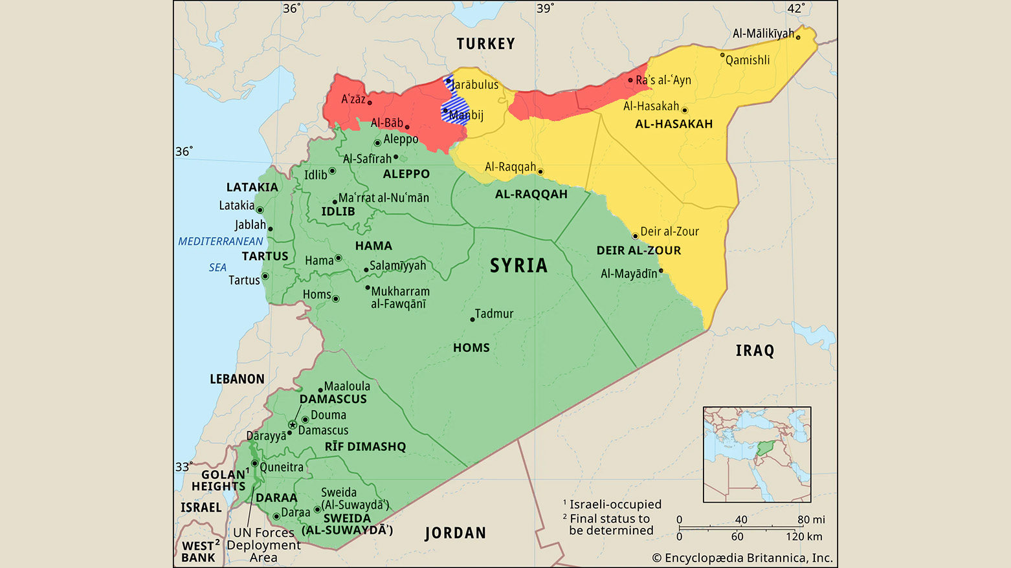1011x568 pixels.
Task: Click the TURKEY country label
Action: point(485,44)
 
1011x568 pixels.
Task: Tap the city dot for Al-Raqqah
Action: point(540,172)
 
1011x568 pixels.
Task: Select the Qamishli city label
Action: point(748,60)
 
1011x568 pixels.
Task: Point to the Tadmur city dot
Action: point(472,320)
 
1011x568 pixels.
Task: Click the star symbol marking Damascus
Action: point(293,425)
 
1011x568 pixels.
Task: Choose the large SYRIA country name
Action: point(518,265)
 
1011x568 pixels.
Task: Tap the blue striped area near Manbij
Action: point(455,107)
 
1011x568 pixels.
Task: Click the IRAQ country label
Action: point(755,351)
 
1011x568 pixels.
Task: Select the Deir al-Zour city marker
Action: point(635,236)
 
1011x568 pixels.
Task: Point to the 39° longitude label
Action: point(545,8)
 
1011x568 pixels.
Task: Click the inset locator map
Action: point(757,454)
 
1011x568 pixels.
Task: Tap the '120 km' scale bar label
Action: point(804,536)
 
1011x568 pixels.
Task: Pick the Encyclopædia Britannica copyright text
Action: point(742,558)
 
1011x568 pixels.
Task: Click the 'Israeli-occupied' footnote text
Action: point(615,505)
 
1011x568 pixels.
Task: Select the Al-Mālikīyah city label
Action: point(763,34)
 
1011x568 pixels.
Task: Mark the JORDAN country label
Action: point(455,533)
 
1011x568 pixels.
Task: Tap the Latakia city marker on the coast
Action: point(260,210)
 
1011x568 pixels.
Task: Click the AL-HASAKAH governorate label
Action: point(674,124)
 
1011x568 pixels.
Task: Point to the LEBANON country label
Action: point(237,379)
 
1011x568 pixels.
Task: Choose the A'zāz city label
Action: point(353,99)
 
